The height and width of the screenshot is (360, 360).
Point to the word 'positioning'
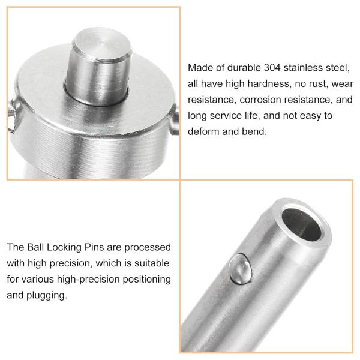click(143, 280)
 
